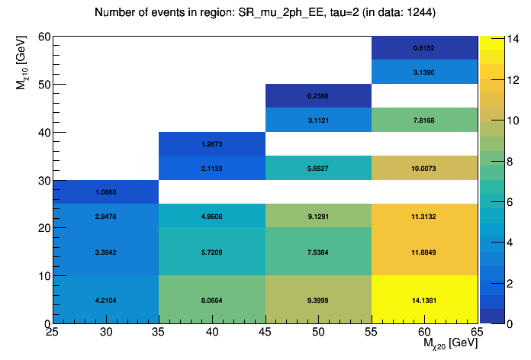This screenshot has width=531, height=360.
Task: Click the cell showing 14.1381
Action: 424,300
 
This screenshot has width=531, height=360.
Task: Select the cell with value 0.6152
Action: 424,48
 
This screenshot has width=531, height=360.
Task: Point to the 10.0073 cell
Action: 424,168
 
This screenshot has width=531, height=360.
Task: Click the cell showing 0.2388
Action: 318,96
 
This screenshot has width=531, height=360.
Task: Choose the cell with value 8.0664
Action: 211,300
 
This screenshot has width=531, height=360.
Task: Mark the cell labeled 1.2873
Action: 211,144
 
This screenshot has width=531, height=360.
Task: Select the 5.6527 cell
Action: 318,168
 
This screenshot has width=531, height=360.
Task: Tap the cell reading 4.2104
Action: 105,300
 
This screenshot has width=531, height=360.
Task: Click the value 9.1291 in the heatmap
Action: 318,216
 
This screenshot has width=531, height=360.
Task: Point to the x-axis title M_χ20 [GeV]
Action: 451,345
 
